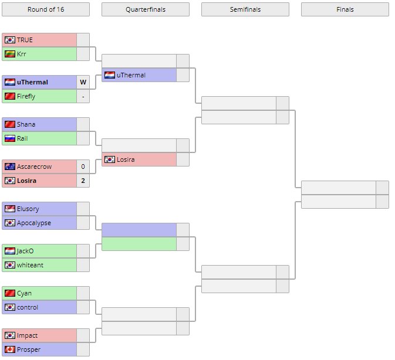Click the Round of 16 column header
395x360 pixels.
click(45, 9)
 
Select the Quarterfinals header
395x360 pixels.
click(145, 9)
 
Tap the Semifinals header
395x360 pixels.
click(245, 9)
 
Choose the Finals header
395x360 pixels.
click(345, 9)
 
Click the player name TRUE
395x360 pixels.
click(25, 40)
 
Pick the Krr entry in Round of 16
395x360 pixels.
click(22, 54)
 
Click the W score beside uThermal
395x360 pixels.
click(83, 82)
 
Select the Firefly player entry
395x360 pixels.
click(26, 96)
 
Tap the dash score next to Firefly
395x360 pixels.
click(83, 96)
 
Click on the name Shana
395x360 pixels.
click(26, 124)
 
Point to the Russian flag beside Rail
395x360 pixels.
click(9, 138)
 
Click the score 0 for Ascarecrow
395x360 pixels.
click(83, 167)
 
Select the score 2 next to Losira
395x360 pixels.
click(83, 181)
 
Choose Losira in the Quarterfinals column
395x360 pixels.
click(126, 159)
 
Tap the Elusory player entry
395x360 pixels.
click(28, 209)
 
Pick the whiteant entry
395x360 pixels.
click(30, 265)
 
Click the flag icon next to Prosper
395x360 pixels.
click(9, 349)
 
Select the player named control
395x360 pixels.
click(27, 307)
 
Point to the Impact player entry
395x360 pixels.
click(27, 335)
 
